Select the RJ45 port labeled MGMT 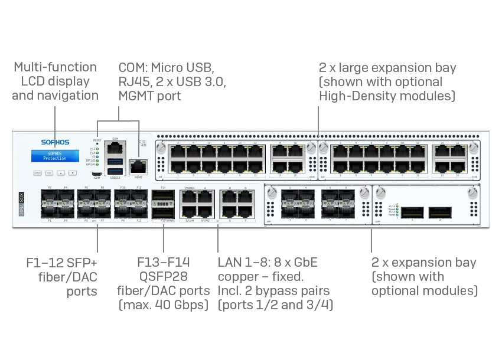(138, 166)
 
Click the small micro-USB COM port (97, 174)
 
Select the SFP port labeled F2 (50, 197)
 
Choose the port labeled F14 (163, 196)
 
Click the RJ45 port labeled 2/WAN (190, 197)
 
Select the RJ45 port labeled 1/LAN (190, 211)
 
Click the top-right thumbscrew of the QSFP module (471, 192)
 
